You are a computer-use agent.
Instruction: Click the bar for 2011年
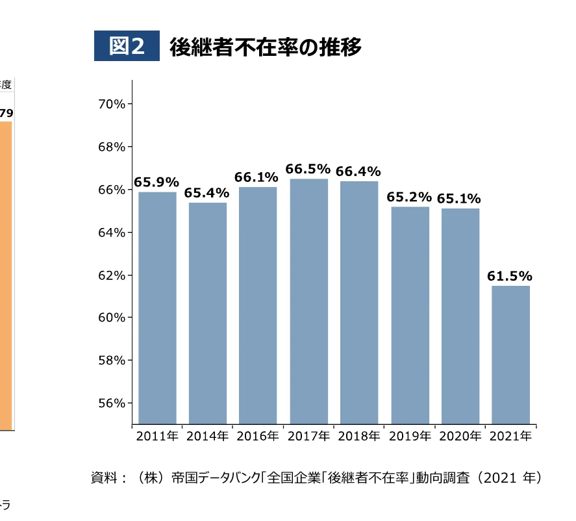pos(157,308)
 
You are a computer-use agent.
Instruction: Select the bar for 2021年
pos(511,355)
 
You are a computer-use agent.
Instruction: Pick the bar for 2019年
pos(410,315)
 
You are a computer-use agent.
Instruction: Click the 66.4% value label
pos(358,172)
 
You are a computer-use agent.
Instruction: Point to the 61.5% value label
pos(510,276)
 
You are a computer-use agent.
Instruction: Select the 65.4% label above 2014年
pos(207,193)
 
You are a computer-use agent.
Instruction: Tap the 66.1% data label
pos(257,177)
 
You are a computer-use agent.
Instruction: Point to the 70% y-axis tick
pos(112,104)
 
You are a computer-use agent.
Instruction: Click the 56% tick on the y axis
pos(112,403)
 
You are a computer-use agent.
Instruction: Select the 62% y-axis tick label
pos(112,275)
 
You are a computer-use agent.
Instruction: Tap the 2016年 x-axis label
pos(258,437)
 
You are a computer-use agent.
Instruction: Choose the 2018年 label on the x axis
pos(359,437)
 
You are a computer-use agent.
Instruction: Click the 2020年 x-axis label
pos(460,437)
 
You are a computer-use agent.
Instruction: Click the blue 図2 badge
pos(127,47)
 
